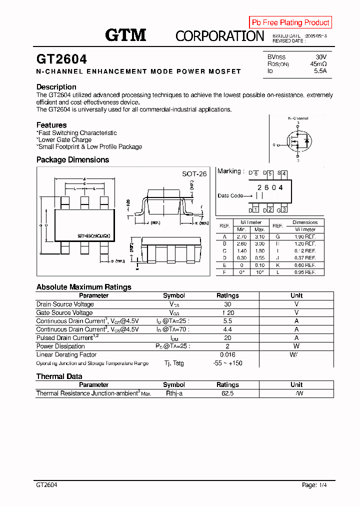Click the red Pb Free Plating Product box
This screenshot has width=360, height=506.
pos(290,22)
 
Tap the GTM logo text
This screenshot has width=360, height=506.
pos(125,35)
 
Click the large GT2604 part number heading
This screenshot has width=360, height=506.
pos(61,59)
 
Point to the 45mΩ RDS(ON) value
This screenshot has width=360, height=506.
pos(318,64)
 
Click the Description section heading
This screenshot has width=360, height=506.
pos(56,87)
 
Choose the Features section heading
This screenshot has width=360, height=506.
pos(51,125)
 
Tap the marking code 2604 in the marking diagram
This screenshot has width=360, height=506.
pos(269,187)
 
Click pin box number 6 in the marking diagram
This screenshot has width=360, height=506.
pos(255,174)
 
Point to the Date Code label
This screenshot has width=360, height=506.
pos(230,195)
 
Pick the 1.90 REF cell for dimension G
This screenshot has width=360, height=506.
pos(305,236)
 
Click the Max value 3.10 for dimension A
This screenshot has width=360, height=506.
pos(259,236)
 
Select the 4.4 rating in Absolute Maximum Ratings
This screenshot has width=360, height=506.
pos(227,329)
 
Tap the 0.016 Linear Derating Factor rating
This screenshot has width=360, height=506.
pos(227,354)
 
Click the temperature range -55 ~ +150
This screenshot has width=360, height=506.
pos(227,363)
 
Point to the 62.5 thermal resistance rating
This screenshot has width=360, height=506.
pos(227,393)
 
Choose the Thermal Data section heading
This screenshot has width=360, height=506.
pos(59,376)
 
